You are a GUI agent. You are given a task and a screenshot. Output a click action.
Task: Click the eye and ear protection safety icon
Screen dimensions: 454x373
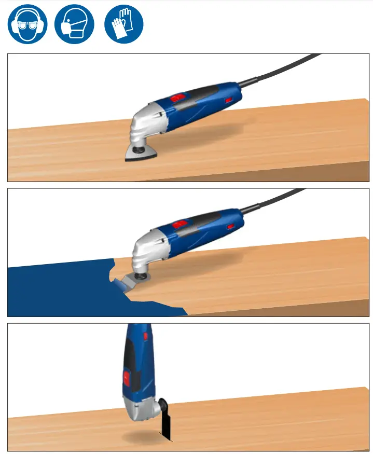point(27,24)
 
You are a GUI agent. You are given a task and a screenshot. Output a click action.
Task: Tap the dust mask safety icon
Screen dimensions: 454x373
point(75,24)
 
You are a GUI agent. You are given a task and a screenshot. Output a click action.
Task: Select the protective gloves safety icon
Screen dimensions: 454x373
point(123,24)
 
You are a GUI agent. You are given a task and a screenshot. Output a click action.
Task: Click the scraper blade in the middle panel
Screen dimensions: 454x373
point(127,283)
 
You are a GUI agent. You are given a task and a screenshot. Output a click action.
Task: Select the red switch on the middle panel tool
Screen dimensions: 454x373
point(180,224)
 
